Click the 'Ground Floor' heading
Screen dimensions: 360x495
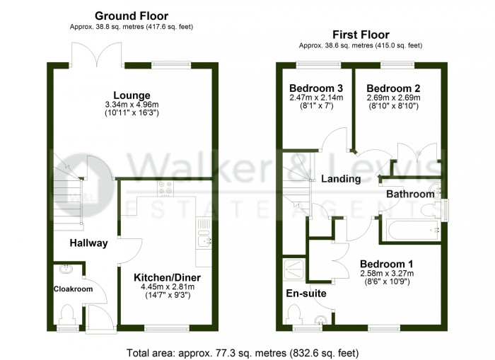131,16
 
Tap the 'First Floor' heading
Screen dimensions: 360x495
361,34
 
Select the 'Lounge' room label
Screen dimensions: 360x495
132,95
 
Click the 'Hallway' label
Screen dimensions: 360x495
88,243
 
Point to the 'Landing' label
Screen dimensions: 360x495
341,179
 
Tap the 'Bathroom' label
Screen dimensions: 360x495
410,194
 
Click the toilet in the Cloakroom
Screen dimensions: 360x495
69,313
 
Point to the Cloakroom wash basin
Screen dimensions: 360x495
66,268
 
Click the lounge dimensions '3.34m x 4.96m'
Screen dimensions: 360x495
132,105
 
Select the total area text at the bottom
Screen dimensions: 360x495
243,352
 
